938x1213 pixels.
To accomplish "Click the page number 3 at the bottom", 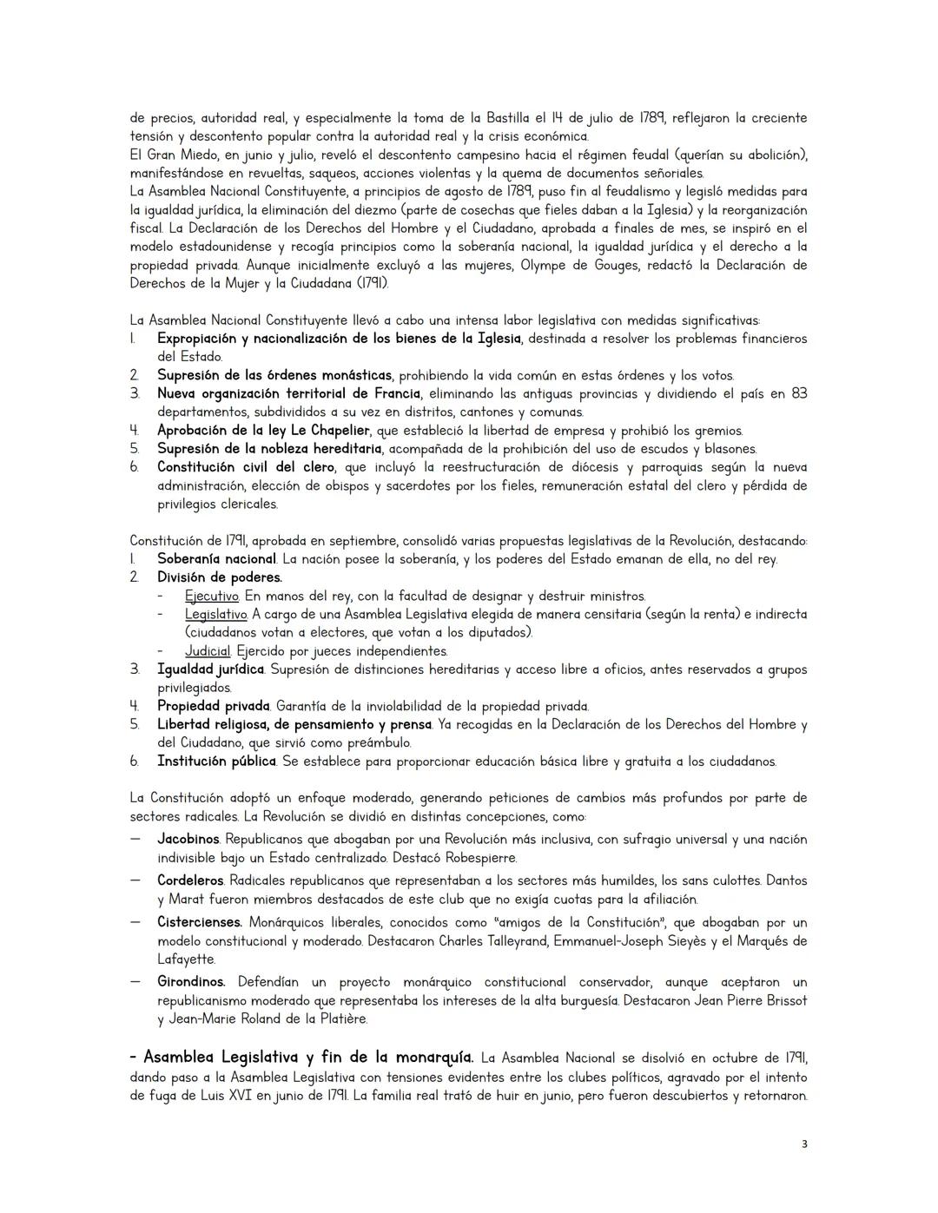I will click(x=803, y=1144).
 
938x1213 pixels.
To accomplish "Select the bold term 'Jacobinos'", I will click(x=188, y=840).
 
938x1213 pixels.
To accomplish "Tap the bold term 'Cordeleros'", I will click(x=190, y=880).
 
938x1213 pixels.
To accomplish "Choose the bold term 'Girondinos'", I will click(x=191, y=982).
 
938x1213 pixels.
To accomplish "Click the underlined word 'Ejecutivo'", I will click(x=211, y=597).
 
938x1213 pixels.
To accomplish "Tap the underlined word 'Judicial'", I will click(x=208, y=651).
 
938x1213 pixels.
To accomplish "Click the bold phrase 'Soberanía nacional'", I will click(x=216, y=559).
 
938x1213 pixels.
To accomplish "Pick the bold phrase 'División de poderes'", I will click(x=219, y=577).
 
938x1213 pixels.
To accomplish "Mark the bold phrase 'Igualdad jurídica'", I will click(x=210, y=669).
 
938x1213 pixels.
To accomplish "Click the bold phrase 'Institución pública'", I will click(x=216, y=761).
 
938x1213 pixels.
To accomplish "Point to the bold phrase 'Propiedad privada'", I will click(x=213, y=706).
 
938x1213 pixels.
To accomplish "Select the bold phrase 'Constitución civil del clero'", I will click(x=246, y=467).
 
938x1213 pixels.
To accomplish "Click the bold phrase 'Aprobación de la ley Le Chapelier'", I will click(x=263, y=431).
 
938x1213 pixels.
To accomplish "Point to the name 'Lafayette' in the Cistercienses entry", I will click(x=186, y=959).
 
